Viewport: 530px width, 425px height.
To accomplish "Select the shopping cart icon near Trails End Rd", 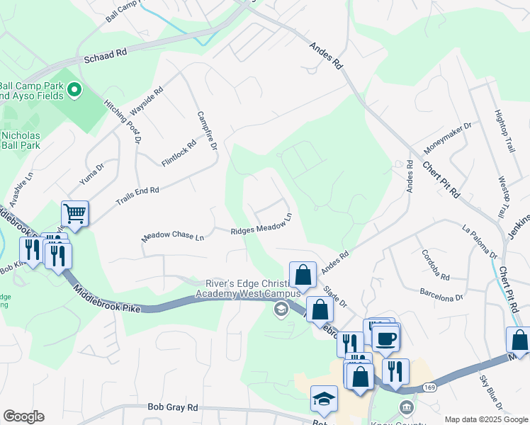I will (x=74, y=212).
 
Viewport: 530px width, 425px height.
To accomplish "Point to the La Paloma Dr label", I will (x=480, y=240).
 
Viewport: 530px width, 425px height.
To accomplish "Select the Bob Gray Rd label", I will (x=172, y=407).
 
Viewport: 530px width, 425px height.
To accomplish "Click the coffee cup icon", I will (x=386, y=339).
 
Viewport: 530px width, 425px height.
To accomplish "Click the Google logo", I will (x=23, y=416).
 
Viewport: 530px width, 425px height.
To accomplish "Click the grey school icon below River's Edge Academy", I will (x=281, y=309).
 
